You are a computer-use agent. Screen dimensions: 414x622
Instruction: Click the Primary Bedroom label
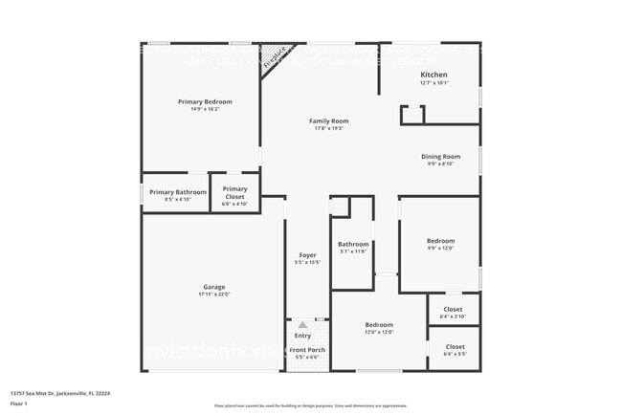pos(205,101)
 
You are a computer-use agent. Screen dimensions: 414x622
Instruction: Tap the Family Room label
pos(328,120)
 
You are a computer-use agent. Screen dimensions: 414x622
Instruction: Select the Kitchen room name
pos(433,75)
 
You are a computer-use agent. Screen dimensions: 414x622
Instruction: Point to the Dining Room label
pos(440,156)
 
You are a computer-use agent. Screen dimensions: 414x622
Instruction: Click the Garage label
pos(213,287)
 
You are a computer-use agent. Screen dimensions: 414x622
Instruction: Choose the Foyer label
pos(307,255)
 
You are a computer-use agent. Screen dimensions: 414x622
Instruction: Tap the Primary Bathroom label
pos(177,192)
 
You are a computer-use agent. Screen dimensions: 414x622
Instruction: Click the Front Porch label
pos(307,350)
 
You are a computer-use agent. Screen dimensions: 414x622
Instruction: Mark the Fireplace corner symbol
pos(275,55)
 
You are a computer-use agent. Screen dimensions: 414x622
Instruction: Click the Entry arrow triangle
pos(302,326)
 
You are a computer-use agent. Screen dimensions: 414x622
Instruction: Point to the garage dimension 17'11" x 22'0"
pos(213,294)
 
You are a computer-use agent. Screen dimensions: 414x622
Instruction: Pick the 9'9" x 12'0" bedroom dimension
pos(440,249)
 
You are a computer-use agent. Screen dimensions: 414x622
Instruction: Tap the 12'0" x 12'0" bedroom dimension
pos(379,333)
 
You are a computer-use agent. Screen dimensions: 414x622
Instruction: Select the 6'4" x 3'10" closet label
pos(454,316)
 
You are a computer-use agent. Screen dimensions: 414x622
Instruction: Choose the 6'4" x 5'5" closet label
pos(454,354)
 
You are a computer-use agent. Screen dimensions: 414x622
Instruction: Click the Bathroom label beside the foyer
pos(353,244)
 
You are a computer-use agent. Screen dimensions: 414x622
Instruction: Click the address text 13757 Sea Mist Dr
pos(59,393)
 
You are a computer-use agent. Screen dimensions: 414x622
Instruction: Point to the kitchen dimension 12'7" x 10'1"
pos(433,83)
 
